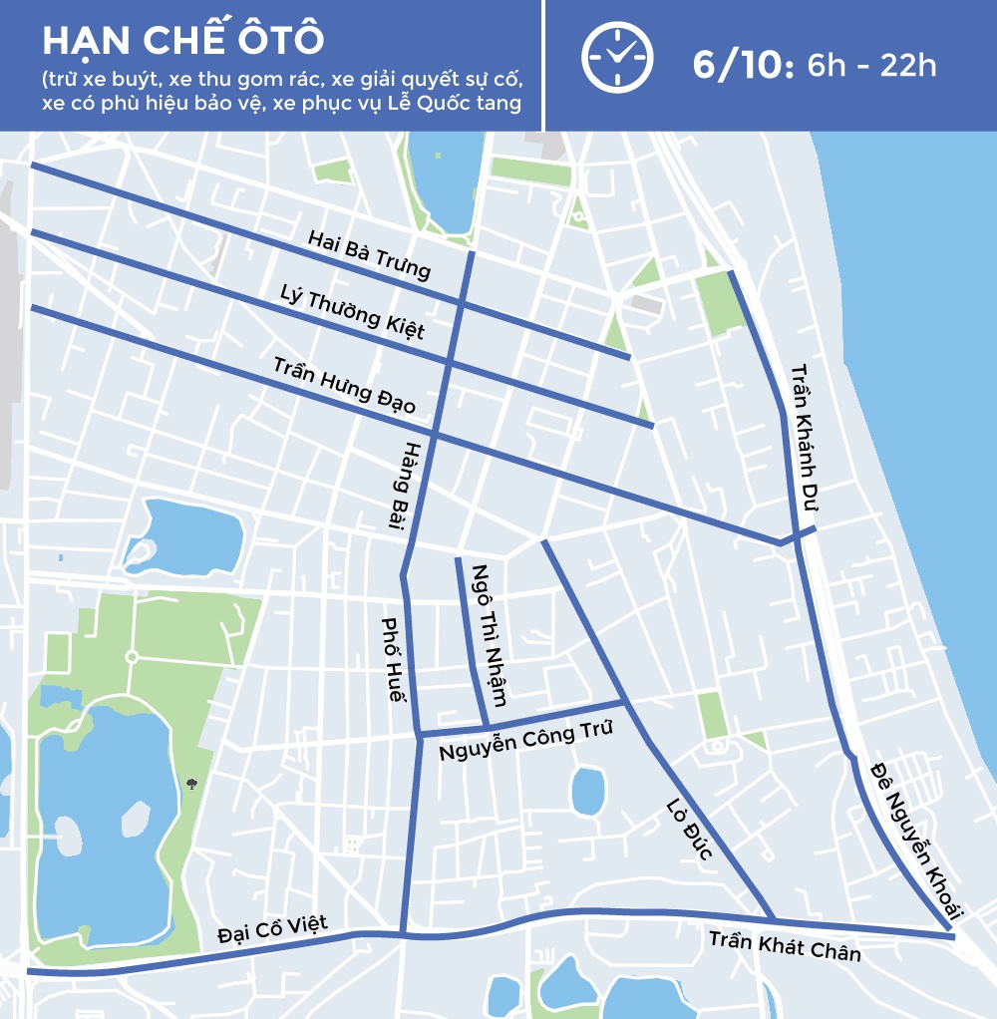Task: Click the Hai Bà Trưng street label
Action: tap(369, 254)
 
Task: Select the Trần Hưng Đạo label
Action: tap(344, 385)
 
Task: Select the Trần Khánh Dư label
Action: tap(804, 439)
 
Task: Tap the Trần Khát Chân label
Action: tap(785, 945)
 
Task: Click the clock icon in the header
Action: tap(617, 57)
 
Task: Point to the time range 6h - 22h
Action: tap(871, 66)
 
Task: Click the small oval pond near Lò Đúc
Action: tap(588, 791)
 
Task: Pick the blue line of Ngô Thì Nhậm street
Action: tap(470, 638)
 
